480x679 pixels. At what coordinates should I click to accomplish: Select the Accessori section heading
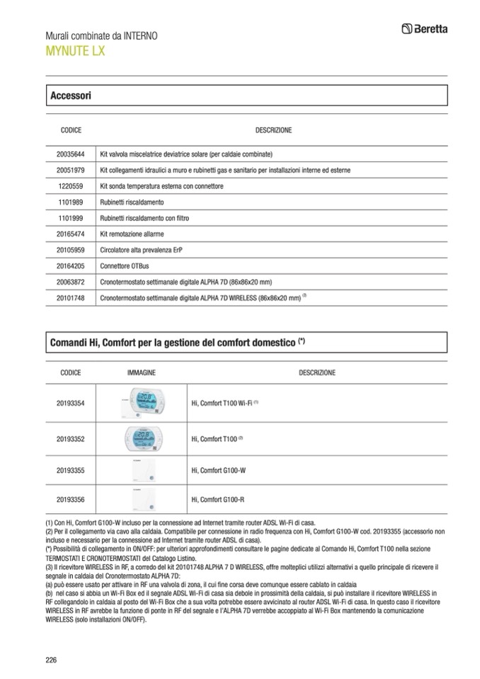pyautogui.click(x=70, y=95)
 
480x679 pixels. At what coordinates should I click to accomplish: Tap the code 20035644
pyautogui.click(x=71, y=154)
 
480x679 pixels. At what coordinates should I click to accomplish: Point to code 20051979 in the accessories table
pyautogui.click(x=71, y=170)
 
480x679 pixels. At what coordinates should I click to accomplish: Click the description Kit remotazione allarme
pyautogui.click(x=132, y=234)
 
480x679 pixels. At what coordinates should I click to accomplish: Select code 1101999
pyautogui.click(x=71, y=218)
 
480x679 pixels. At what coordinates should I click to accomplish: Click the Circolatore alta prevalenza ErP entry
pyautogui.click(x=146, y=250)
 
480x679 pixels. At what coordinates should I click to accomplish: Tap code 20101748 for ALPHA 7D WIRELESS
pyautogui.click(x=71, y=298)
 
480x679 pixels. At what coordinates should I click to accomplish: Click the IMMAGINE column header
pyautogui.click(x=142, y=372)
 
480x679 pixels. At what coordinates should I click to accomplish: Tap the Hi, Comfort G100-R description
pyautogui.click(x=217, y=499)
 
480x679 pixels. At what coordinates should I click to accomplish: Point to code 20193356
pyautogui.click(x=71, y=499)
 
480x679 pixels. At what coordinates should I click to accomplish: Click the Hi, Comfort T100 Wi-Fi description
pyautogui.click(x=222, y=403)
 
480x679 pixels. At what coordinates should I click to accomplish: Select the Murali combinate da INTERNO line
pyautogui.click(x=101, y=35)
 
